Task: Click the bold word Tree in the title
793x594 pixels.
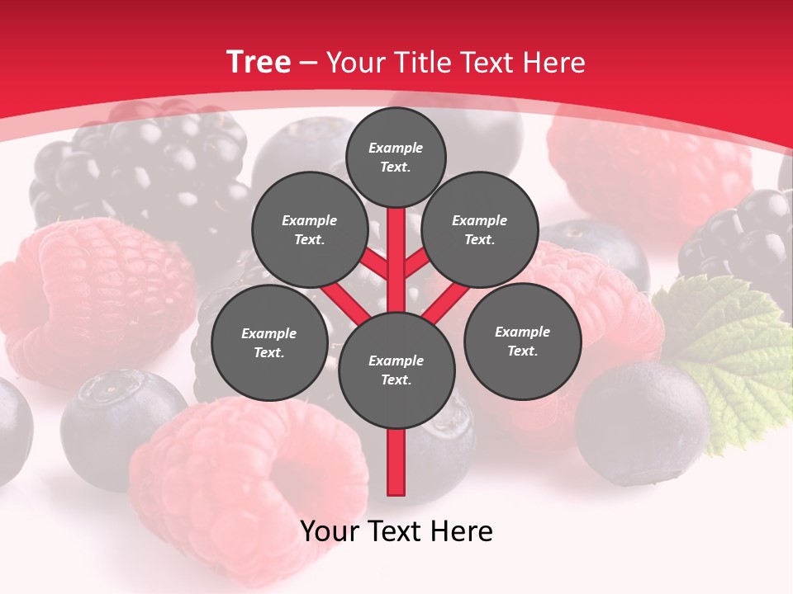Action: pos(259,63)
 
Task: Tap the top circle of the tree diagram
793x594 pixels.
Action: pos(396,157)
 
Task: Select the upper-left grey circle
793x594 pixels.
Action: pos(309,230)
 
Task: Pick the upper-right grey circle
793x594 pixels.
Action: pos(479,230)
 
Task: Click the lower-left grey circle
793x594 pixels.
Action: pos(268,343)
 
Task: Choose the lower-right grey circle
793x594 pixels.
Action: pos(522,342)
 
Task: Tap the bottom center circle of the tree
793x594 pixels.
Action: pos(396,370)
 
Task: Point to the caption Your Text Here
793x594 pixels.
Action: pos(396,531)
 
